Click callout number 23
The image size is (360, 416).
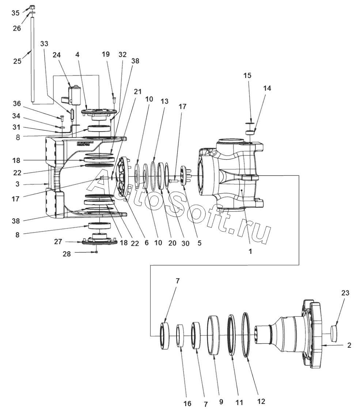click(345, 293)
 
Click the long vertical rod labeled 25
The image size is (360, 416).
click(32, 58)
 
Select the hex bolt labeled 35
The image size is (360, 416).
click(32, 7)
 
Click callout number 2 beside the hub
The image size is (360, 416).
click(349, 345)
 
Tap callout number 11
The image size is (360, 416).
click(239, 403)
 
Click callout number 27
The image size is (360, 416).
click(58, 241)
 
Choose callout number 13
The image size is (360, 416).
click(164, 101)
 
